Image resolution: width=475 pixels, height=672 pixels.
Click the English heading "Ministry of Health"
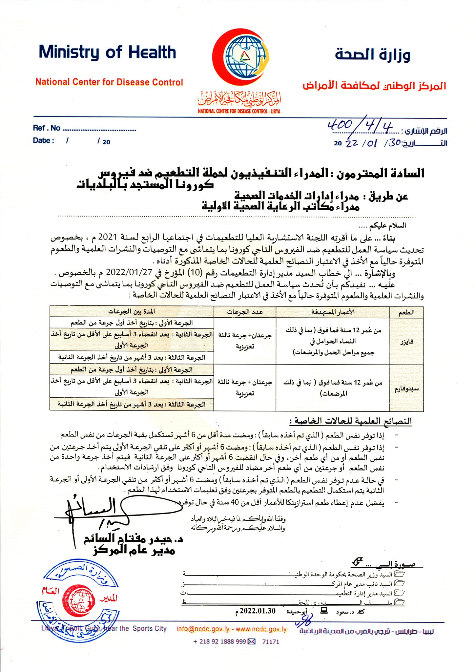(107, 52)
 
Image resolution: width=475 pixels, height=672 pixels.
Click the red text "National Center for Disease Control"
(109, 82)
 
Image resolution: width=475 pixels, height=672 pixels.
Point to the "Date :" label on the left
(43, 141)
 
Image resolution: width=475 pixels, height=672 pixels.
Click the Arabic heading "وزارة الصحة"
(373, 54)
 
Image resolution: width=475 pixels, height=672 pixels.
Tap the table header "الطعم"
(406, 312)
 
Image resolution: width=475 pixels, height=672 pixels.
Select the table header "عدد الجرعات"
(245, 312)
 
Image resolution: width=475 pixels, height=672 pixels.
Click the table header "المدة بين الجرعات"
(132, 311)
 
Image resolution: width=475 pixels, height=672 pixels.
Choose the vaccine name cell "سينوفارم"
(406, 389)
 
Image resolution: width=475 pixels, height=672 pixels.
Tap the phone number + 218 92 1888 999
(219, 641)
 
